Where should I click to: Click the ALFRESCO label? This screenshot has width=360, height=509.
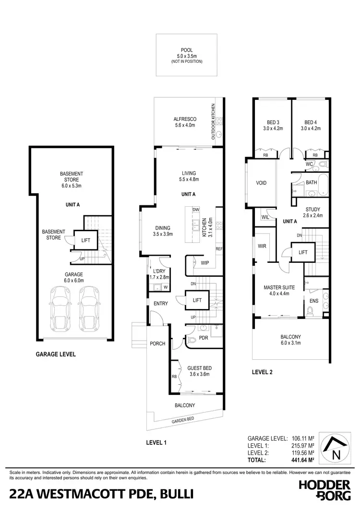pos(182,120)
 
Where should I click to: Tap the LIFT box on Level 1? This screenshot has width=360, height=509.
pos(197,300)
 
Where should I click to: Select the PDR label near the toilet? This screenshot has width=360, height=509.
pos(203,338)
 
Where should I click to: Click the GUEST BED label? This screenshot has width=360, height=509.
pos(199,368)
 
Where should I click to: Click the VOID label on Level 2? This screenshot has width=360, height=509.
pos(261,183)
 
